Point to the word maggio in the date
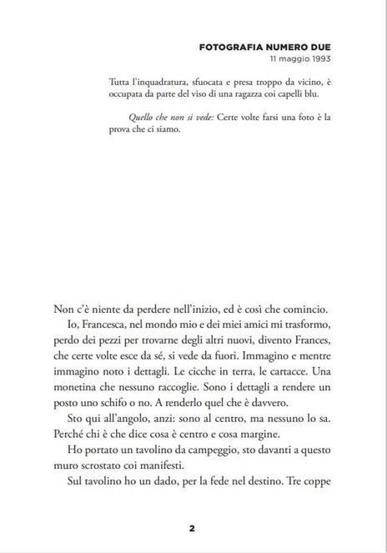click(x=289, y=60)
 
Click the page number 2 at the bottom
click(x=192, y=527)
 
